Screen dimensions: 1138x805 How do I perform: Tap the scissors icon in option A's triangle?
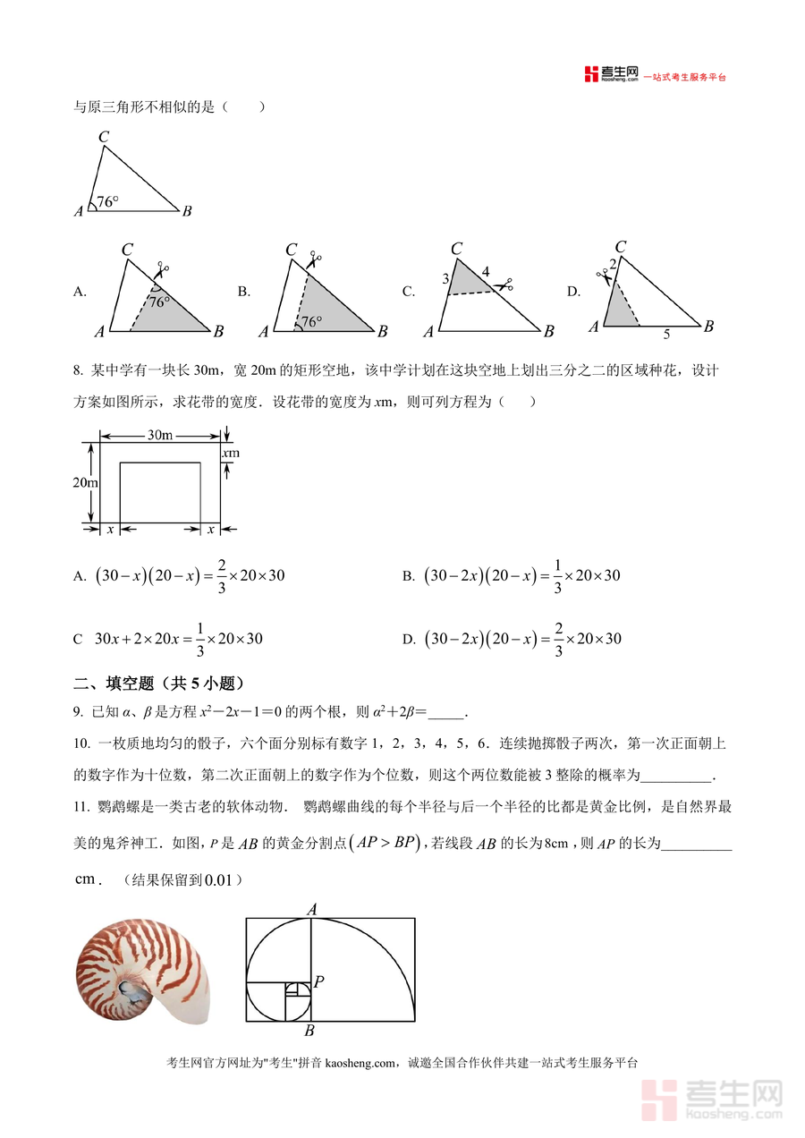(x=162, y=268)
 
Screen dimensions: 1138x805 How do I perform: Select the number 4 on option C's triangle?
(x=486, y=272)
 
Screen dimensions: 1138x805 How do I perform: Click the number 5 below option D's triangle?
(x=665, y=335)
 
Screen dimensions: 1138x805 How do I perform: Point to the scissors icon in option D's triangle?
(x=604, y=277)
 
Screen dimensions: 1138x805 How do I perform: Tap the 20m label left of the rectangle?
(x=85, y=483)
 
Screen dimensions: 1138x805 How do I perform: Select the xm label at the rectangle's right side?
(x=231, y=454)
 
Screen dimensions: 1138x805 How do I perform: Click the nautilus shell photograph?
(x=143, y=972)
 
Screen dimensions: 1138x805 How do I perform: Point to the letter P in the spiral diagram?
(x=318, y=981)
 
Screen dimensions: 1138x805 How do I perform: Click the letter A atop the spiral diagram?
(x=312, y=909)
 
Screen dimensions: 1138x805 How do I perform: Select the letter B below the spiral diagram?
(x=309, y=1031)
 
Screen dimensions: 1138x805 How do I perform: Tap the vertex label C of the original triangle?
(x=104, y=137)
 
